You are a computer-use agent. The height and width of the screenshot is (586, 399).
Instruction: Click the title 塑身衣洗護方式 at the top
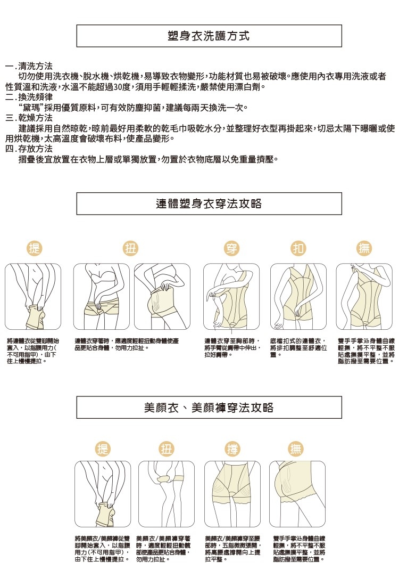click(209, 36)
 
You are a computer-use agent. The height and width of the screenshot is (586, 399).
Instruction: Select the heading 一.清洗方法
click(29, 67)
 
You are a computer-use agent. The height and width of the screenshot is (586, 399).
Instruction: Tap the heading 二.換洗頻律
click(29, 97)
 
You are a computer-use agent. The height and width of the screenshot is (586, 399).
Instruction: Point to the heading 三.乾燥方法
click(29, 118)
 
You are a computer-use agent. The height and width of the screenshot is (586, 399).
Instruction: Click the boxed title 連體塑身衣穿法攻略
click(209, 204)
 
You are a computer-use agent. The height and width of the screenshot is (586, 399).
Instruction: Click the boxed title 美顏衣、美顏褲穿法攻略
click(209, 408)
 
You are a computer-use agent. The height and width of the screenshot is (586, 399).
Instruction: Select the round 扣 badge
click(297, 248)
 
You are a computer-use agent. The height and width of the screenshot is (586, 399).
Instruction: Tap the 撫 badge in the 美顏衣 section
click(296, 449)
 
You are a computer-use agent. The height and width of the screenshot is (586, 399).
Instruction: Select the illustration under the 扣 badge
click(297, 297)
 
